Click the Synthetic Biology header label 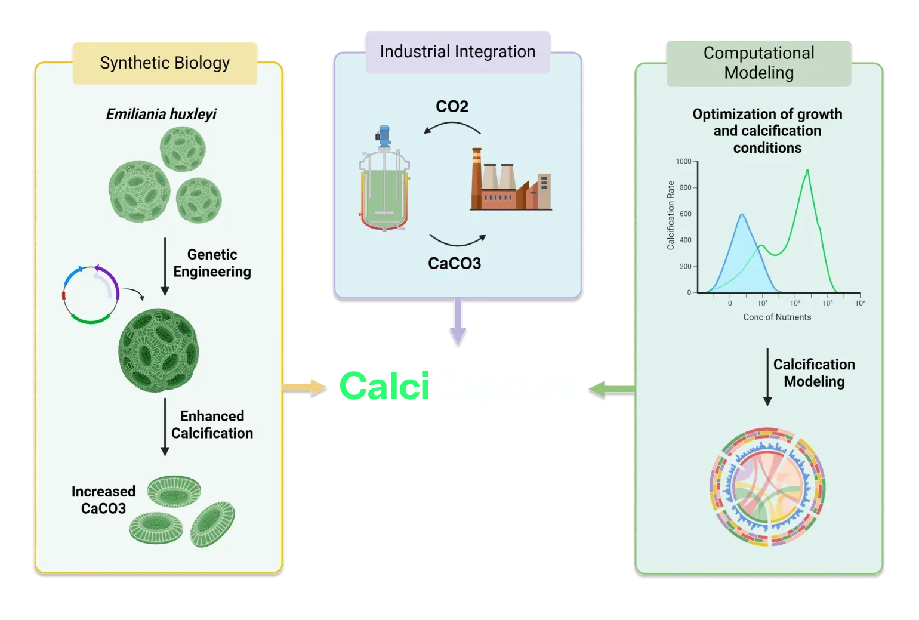165,63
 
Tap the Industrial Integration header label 457,52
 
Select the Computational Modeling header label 758,63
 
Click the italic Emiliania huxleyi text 161,114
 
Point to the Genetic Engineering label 212,263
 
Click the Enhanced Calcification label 212,425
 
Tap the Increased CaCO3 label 103,500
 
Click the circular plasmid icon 91,295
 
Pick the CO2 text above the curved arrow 452,107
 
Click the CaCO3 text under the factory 454,263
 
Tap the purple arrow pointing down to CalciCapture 458,322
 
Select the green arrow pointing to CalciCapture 611,390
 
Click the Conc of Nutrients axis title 777,317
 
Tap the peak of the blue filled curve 741,215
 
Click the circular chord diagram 767,486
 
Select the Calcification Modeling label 814,373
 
